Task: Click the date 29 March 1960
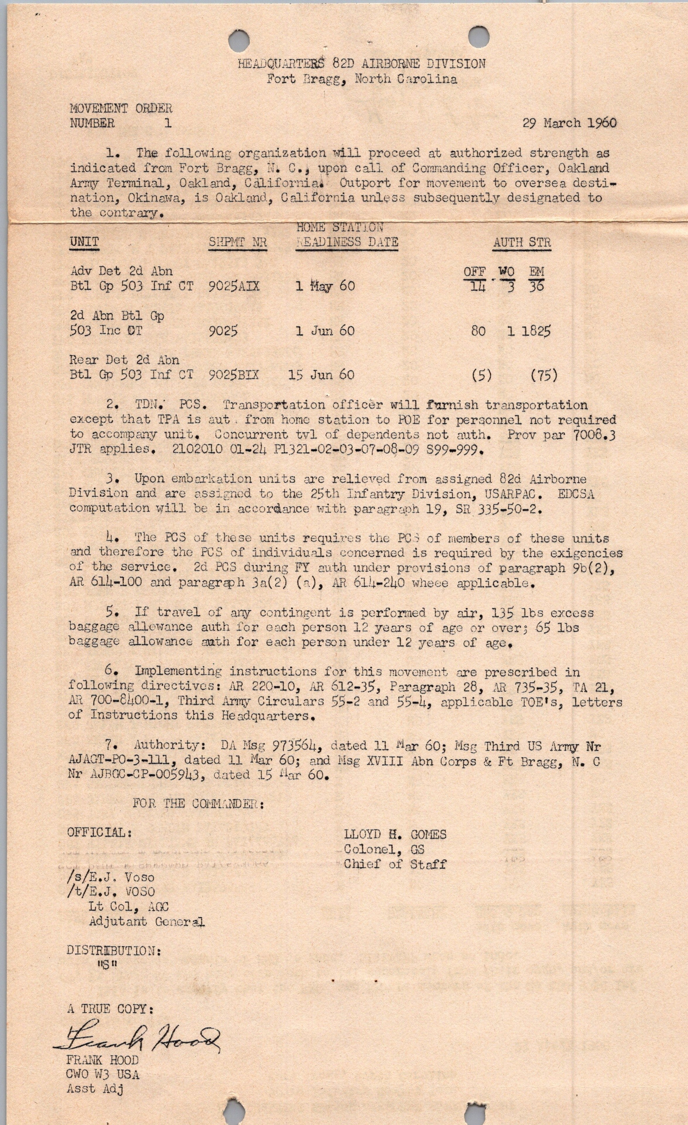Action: [569, 123]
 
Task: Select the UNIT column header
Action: [84, 242]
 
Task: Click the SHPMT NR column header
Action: [237, 242]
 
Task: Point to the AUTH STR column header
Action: [522, 242]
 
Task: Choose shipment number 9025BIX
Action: [233, 375]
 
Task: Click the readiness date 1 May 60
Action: [325, 286]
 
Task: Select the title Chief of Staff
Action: [395, 864]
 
